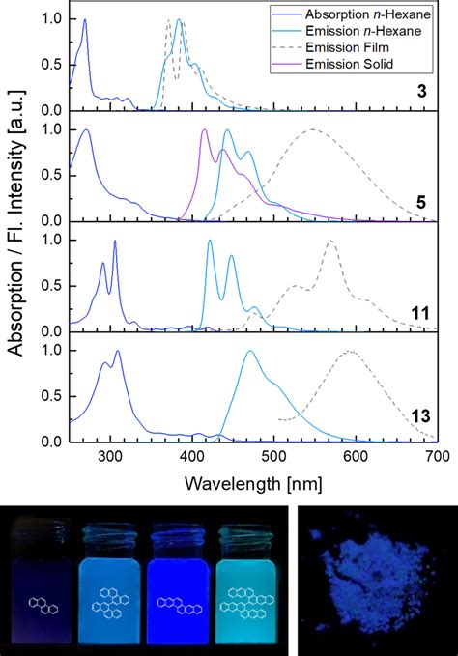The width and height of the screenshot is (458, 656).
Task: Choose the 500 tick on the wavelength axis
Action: pos(273,457)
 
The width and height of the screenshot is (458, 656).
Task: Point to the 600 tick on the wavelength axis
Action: pos(355,457)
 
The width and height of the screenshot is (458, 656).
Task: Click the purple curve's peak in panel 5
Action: pos(204,130)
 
